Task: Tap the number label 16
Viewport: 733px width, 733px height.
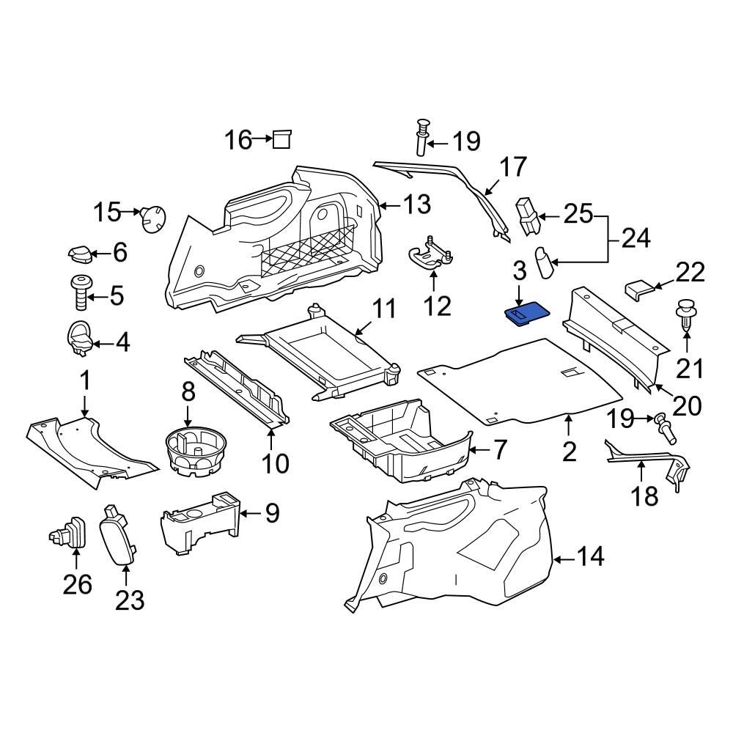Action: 238,139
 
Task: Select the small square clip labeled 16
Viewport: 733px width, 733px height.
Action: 281,139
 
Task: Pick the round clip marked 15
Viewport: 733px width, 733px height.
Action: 153,218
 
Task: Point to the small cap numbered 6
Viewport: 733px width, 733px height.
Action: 80,254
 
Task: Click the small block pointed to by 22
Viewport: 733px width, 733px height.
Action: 637,289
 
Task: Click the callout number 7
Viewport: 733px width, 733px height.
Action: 498,449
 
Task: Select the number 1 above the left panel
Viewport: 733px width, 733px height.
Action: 85,381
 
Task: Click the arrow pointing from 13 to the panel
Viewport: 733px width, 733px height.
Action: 391,205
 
